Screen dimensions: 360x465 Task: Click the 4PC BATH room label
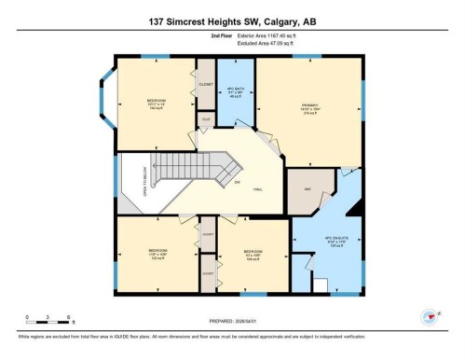click(236, 94)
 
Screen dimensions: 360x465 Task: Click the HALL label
click(256, 188)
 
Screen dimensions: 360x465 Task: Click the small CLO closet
click(205, 119)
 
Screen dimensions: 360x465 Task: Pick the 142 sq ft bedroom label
click(156, 104)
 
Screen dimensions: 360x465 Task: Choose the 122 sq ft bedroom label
click(157, 255)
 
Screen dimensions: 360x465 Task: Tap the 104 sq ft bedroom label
click(252, 255)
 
